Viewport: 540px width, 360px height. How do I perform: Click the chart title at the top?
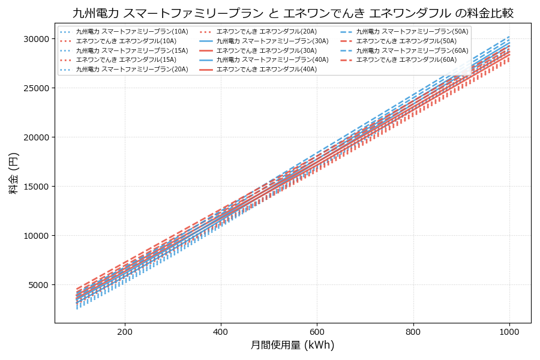293,13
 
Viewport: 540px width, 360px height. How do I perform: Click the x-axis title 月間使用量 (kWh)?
292,345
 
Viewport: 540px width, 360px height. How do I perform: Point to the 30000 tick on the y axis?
36,39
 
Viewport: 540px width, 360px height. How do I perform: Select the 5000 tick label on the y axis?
38,285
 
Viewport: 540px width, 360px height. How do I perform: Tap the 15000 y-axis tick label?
36,187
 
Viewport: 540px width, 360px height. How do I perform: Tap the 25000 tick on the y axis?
36,88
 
